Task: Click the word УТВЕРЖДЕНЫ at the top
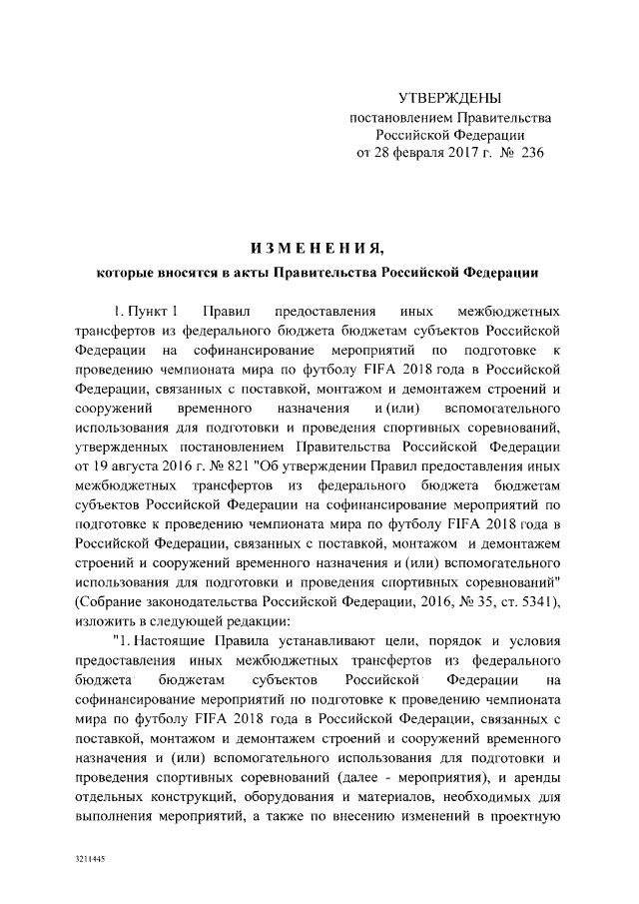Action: [449, 98]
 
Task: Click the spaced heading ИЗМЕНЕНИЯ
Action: [316, 246]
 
